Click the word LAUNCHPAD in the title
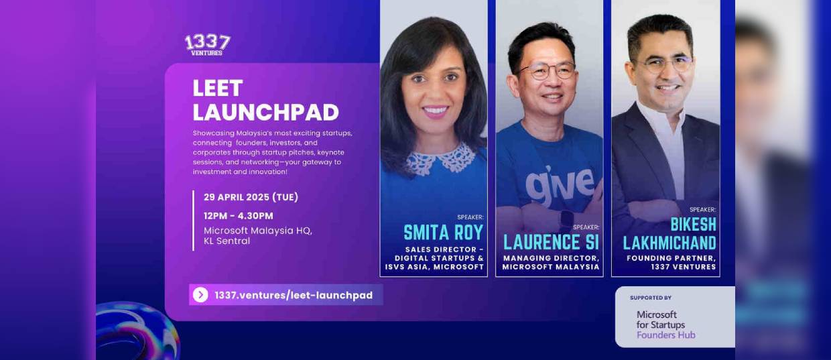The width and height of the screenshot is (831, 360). [x=265, y=113]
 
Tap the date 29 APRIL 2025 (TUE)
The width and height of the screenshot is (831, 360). [x=251, y=197]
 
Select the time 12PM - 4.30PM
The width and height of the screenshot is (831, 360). [x=238, y=216]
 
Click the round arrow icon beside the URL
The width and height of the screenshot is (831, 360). [x=200, y=295]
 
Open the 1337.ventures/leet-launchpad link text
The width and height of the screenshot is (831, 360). [x=294, y=296]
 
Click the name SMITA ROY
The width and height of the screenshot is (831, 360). [x=444, y=233]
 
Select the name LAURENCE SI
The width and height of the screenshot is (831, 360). [x=551, y=243]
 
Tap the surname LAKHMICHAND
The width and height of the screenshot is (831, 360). [x=669, y=243]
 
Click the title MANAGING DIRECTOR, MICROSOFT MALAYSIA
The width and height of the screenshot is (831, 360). [x=551, y=262]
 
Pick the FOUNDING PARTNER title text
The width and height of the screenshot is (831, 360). [x=671, y=258]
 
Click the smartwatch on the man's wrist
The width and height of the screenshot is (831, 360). [x=566, y=220]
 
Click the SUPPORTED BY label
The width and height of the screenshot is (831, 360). [x=651, y=298]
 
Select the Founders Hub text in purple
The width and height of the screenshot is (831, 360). [x=666, y=335]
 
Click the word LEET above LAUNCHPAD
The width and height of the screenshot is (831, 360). [x=217, y=88]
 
